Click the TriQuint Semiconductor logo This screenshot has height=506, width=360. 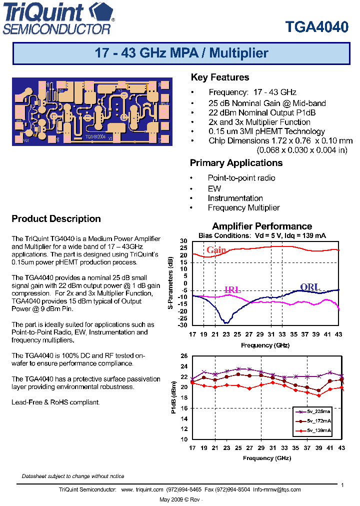click(x=58, y=19)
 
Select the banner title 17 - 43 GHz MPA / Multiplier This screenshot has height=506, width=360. click(x=181, y=53)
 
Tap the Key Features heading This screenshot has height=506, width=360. click(x=219, y=77)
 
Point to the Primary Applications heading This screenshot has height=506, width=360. click(x=236, y=163)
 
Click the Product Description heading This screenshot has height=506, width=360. click(x=56, y=219)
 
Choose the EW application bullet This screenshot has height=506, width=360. click(x=214, y=188)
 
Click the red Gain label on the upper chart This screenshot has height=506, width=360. click(x=216, y=250)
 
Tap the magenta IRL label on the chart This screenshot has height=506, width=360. click(x=232, y=290)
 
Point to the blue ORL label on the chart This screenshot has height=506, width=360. click(x=309, y=287)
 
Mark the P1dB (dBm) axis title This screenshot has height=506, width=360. click(x=173, y=397)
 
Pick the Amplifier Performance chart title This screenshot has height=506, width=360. click(x=262, y=226)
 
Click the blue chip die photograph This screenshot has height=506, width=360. click(x=92, y=111)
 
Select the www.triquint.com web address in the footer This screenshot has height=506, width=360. click(x=142, y=489)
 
